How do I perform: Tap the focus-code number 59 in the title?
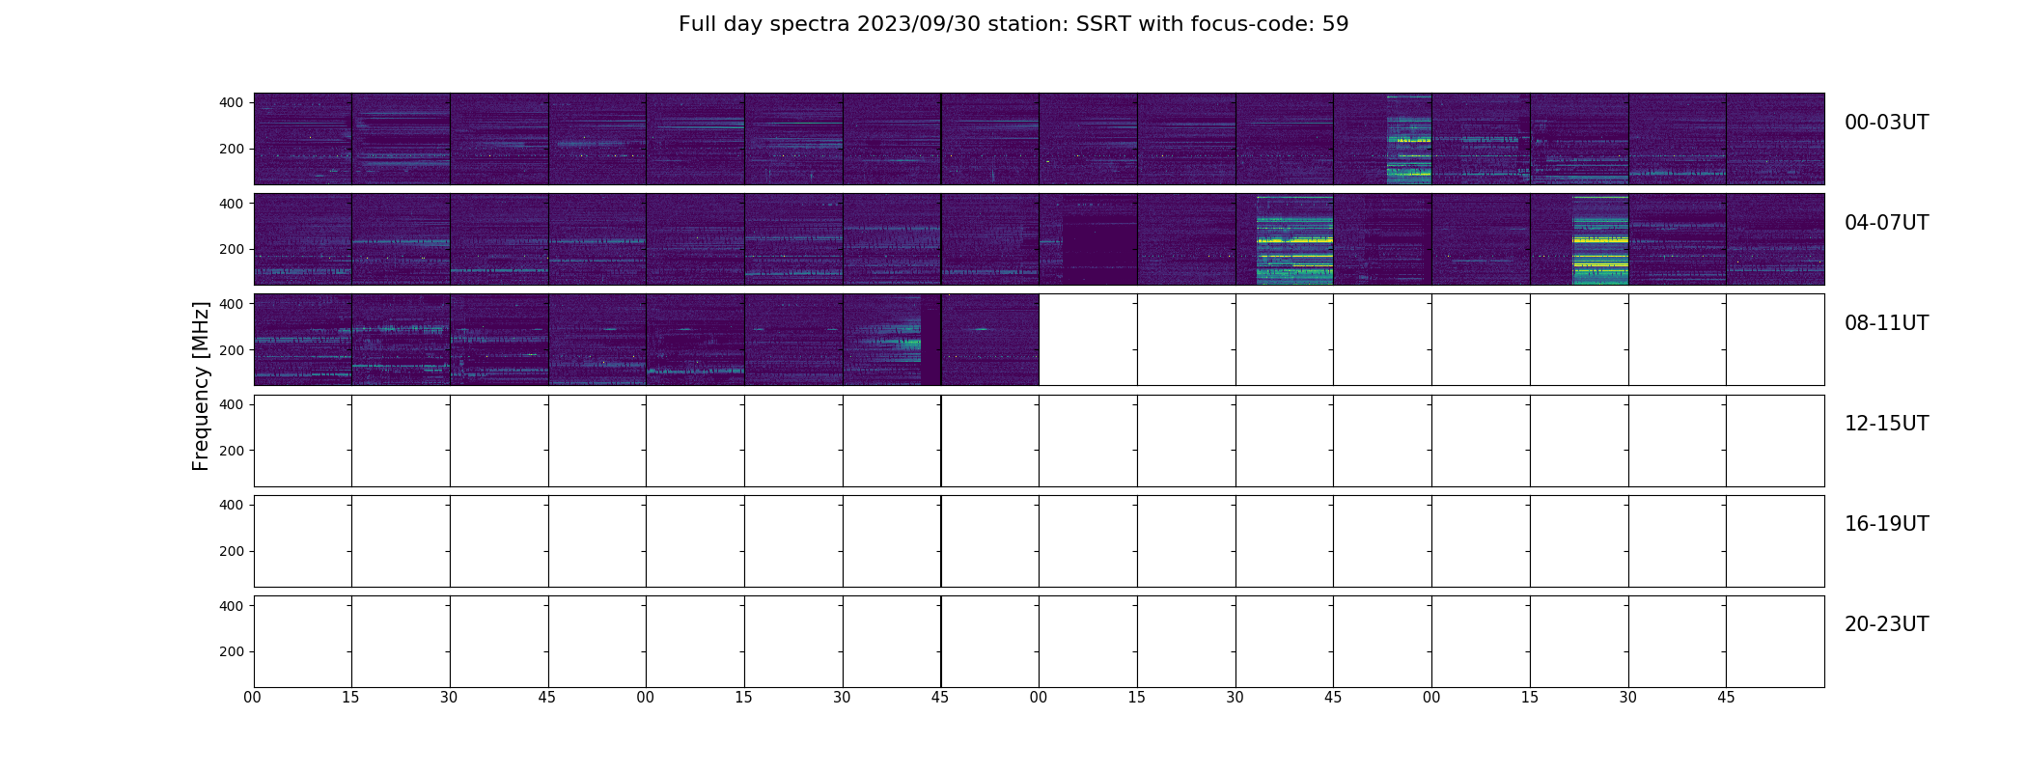click(x=1336, y=24)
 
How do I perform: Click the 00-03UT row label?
click(x=1886, y=123)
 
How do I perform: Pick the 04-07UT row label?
click(x=1886, y=223)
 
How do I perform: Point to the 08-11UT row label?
click(x=1886, y=323)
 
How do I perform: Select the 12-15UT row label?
click(x=1886, y=424)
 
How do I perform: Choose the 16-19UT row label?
click(x=1886, y=524)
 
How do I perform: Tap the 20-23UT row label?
click(x=1886, y=624)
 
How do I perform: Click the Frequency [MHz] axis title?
click(x=201, y=386)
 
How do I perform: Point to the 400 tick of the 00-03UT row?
click(x=232, y=102)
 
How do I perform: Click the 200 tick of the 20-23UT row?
click(x=232, y=651)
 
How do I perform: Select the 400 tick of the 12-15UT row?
click(x=232, y=404)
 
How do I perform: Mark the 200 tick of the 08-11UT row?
click(x=232, y=350)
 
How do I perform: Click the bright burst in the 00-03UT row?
click(x=1409, y=139)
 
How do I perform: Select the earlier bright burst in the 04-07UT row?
click(x=1294, y=239)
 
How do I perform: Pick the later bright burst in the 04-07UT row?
click(x=1600, y=239)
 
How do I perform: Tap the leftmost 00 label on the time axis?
click(x=253, y=698)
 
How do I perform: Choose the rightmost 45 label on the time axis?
click(x=1726, y=698)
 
